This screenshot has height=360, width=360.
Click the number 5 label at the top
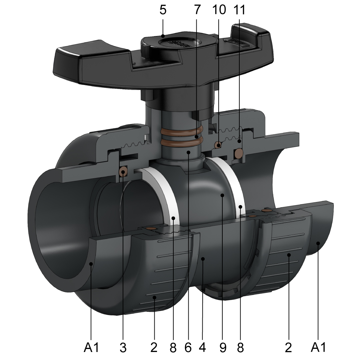[163, 10]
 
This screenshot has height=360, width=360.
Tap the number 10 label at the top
[219, 10]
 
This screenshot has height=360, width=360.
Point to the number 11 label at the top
[239, 10]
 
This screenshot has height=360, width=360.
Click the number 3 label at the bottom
[123, 348]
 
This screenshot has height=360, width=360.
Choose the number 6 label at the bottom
[188, 348]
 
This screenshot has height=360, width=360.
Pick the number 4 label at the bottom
[202, 348]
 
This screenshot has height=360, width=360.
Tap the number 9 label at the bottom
[223, 348]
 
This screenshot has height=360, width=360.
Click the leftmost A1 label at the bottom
[91, 348]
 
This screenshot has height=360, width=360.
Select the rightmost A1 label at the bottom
[318, 348]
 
